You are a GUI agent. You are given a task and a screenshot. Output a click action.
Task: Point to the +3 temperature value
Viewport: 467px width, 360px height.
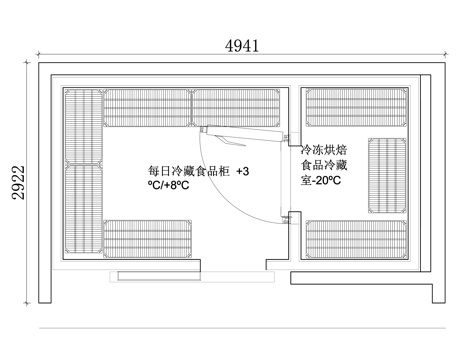pyautogui.click(x=242, y=171)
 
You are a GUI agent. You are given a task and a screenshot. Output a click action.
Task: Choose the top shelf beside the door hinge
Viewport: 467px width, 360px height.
pyautogui.click(x=235, y=104)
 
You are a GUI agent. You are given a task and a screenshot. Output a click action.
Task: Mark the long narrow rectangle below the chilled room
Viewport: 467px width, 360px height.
pyautogui.click(x=155, y=272)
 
